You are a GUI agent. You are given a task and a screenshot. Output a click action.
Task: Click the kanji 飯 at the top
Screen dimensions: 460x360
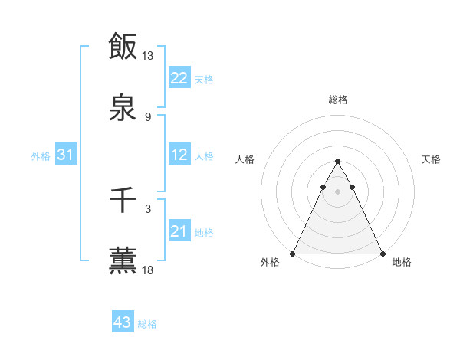[123, 46]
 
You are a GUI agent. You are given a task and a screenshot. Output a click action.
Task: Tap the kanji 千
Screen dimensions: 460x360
[123, 201]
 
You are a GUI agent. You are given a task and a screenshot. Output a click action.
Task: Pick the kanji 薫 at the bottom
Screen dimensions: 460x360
[123, 260]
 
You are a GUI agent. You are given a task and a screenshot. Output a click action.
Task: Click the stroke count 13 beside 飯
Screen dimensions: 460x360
[148, 56]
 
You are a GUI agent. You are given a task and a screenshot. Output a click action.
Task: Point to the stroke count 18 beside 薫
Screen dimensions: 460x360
[148, 270]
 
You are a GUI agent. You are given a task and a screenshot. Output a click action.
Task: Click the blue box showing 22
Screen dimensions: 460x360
[179, 78]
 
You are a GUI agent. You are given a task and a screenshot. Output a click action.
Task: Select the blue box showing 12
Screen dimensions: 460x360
[179, 155]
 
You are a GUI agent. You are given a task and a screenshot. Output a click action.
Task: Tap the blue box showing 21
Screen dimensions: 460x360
[179, 231]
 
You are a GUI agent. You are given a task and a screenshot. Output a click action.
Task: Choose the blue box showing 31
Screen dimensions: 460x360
[65, 155]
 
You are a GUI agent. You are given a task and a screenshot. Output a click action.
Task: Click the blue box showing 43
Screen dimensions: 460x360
[122, 322]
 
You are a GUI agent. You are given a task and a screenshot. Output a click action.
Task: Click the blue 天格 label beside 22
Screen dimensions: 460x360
[203, 79]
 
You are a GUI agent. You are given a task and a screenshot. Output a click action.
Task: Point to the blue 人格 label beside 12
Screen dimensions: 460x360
[203, 155]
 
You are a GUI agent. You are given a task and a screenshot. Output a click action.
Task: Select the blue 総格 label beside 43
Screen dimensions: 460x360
[147, 323]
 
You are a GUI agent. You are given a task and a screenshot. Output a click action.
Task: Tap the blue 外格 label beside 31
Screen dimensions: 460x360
[41, 155]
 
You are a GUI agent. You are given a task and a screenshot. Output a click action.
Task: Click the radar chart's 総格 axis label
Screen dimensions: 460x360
[337, 100]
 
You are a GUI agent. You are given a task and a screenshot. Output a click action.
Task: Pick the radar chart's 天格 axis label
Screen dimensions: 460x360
[431, 159]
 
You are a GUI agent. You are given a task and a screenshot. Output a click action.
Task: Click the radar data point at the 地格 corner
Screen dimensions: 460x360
[382, 253]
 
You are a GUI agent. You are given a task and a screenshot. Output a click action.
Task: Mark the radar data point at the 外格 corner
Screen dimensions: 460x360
[293, 253]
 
